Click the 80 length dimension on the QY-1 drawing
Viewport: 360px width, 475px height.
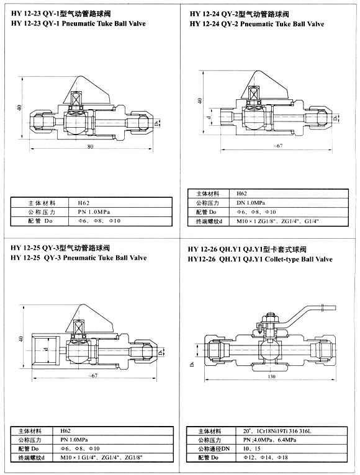pos(91,147)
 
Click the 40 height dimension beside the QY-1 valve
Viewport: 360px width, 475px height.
pos(20,108)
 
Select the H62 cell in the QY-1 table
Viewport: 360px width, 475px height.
pos(83,202)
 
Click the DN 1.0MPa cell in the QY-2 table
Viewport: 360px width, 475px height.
pos(251,203)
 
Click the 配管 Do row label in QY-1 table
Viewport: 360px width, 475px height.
pos(42,220)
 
